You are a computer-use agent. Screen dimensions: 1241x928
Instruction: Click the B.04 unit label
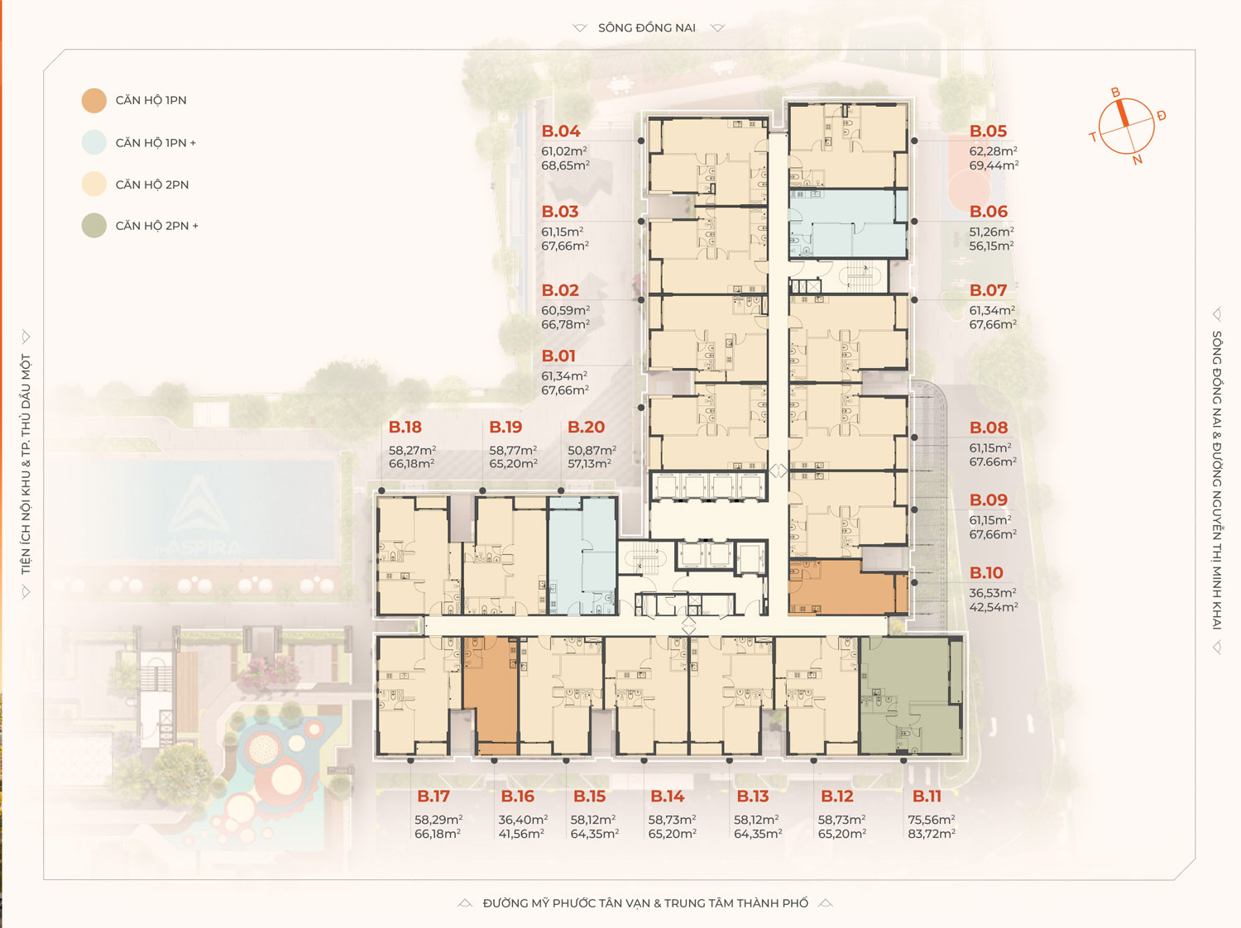[x=560, y=132]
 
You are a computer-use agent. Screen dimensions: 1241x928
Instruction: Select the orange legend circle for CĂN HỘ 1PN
[x=93, y=101]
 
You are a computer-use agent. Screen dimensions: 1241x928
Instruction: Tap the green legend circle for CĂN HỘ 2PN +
[x=93, y=226]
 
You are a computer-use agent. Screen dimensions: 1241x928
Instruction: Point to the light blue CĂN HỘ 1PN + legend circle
[x=93, y=142]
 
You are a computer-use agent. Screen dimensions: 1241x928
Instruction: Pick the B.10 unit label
[x=986, y=573]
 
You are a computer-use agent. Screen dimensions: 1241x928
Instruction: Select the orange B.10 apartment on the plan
[x=847, y=587]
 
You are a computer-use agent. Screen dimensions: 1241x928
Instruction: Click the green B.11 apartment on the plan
[x=910, y=696]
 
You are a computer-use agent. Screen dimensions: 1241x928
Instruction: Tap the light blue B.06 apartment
[x=848, y=224]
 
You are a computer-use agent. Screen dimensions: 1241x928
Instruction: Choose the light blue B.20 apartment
[x=582, y=556]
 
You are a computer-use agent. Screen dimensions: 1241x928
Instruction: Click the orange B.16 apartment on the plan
[x=491, y=696]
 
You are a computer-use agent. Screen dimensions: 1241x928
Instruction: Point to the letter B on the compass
[x=1115, y=93]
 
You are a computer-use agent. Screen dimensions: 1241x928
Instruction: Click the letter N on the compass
[x=1137, y=160]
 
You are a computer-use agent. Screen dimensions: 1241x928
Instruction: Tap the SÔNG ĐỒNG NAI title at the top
[x=647, y=27]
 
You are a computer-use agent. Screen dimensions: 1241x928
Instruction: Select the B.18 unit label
[x=405, y=428]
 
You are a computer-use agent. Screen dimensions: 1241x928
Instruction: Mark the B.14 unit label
[x=667, y=796]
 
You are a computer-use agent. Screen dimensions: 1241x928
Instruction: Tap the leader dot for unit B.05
[x=914, y=141]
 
